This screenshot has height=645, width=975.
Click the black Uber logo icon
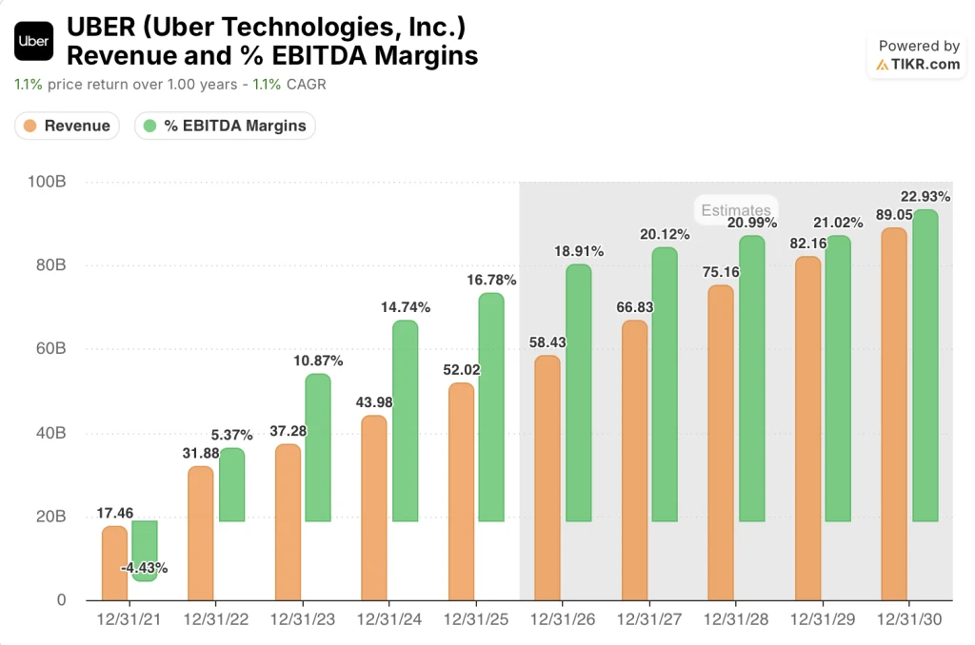pos(34,42)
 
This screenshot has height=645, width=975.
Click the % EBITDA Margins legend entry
pos(225,126)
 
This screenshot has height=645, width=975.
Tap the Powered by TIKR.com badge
pos(918,55)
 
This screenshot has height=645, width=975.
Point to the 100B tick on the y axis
pos(48,182)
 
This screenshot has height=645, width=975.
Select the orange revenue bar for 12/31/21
pos(114,563)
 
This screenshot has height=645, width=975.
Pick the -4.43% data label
pos(145,568)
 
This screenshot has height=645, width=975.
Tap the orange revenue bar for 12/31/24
pos(375,508)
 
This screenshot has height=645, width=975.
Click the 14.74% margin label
pos(406,307)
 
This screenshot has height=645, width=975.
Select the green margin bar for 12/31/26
pos(578,393)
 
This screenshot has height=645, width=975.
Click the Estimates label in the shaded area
pos(735,210)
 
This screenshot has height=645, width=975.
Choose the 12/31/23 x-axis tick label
pos(302,619)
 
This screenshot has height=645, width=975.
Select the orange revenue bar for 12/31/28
pos(721,442)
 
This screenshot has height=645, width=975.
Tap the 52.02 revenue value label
pos(462,370)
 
